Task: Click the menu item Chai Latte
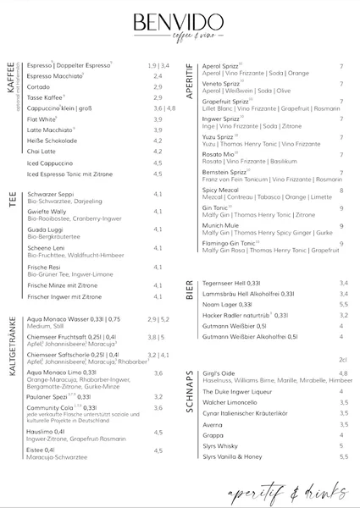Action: coord(42,152)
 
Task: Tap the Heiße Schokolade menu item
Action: coord(53,141)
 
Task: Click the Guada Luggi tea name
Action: coord(45,229)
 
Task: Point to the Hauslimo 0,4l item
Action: coord(46,432)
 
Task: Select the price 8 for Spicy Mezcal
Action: coord(341,190)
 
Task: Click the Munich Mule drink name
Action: coord(222,226)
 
